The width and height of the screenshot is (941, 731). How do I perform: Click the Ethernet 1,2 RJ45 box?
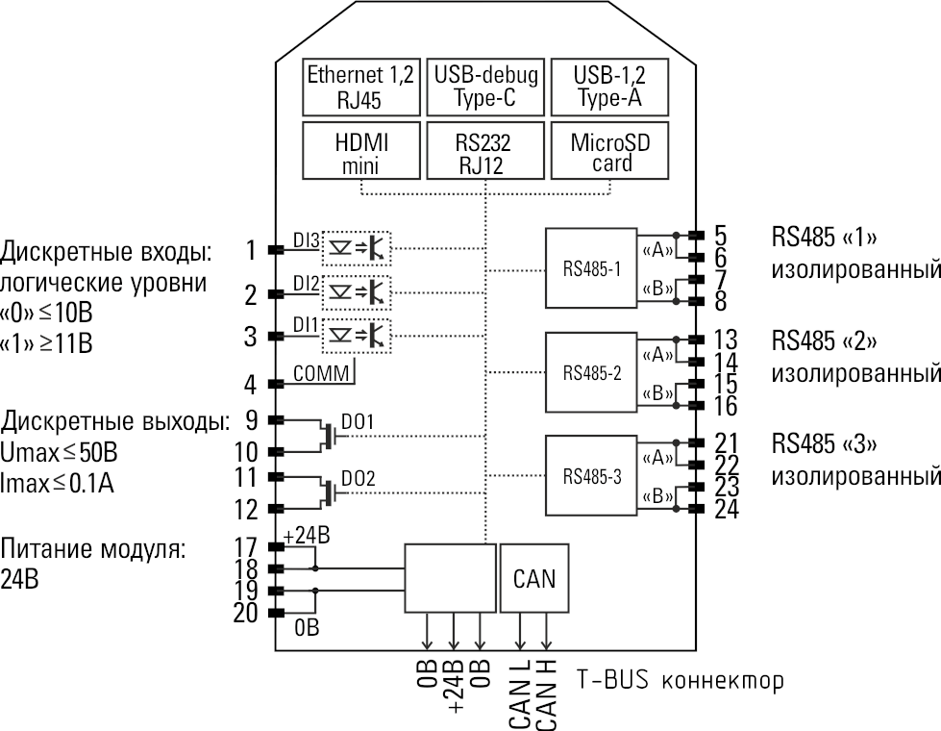tap(360, 88)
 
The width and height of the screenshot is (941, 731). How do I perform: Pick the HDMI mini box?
tap(360, 151)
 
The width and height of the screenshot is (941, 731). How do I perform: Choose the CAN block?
tap(534, 579)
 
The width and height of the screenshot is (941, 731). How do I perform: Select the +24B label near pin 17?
tap(308, 537)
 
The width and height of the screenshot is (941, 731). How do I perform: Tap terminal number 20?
tap(245, 613)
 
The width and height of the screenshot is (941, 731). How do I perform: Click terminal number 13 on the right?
tap(726, 340)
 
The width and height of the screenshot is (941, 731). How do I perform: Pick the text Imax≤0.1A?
tap(58, 483)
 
